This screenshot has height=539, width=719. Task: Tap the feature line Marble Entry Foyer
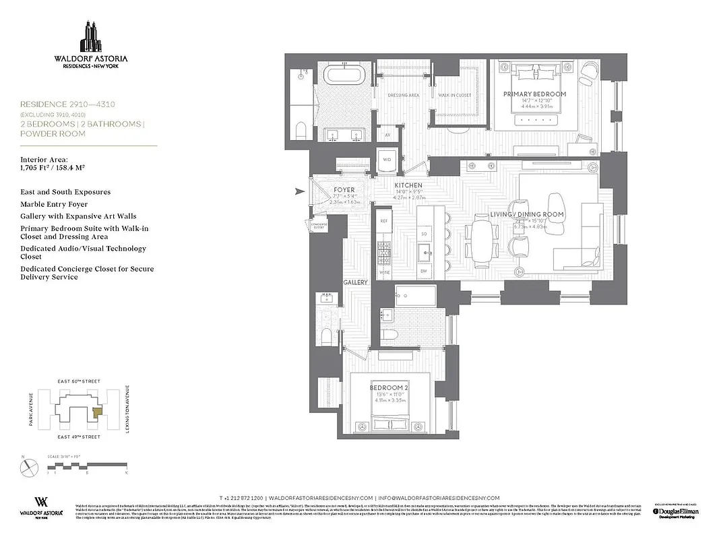click(x=54, y=204)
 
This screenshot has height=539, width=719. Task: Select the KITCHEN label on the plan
click(x=408, y=185)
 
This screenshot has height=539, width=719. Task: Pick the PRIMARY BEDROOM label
click(x=534, y=94)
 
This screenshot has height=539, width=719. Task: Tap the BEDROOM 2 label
click(x=389, y=388)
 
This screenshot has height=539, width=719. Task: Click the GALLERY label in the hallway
click(x=354, y=283)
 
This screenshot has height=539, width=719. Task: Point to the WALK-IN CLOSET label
click(x=454, y=96)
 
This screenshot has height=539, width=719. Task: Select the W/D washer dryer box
click(x=387, y=160)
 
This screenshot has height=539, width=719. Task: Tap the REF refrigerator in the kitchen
click(x=384, y=220)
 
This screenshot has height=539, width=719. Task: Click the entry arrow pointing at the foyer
click(x=300, y=193)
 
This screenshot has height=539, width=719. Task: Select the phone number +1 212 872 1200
click(x=241, y=497)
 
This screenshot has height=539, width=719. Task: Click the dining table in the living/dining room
click(x=482, y=240)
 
